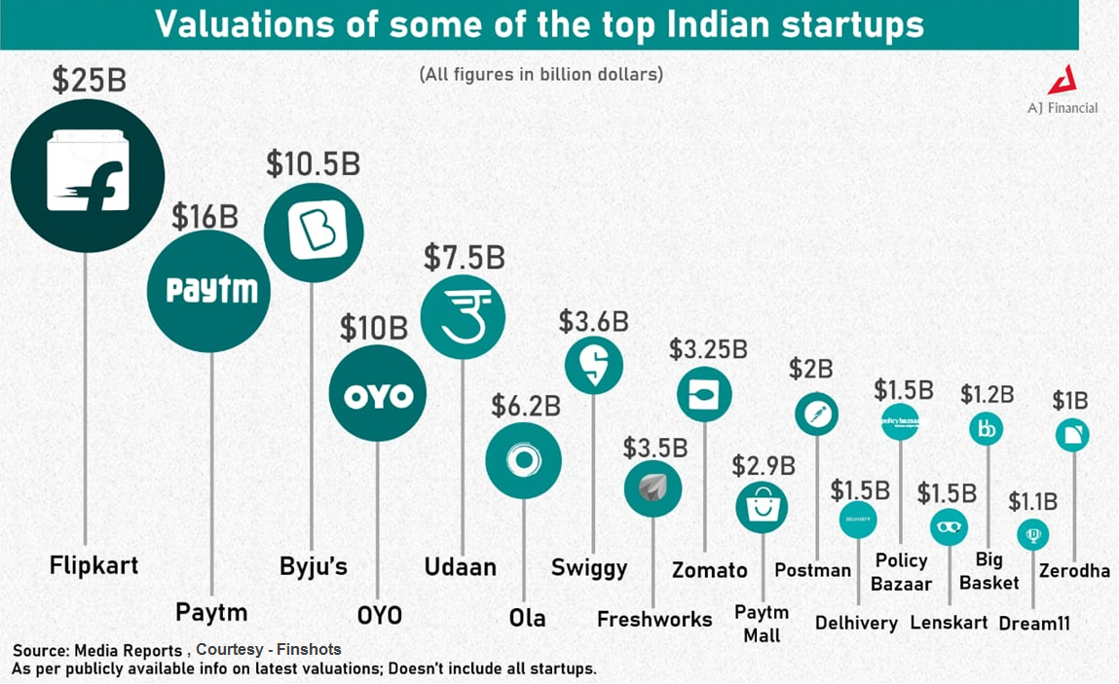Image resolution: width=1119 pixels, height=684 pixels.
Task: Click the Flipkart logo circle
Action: (87, 176)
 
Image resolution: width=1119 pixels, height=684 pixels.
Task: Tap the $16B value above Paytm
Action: (205, 217)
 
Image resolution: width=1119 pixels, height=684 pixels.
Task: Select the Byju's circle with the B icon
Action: (314, 233)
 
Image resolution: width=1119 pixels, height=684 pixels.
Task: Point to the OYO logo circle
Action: (378, 395)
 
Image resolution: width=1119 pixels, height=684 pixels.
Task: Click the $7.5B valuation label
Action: (464, 258)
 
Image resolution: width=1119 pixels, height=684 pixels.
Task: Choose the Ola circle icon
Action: (524, 460)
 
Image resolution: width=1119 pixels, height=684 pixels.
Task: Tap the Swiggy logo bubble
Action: (594, 365)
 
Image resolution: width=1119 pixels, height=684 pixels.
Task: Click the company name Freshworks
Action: (654, 619)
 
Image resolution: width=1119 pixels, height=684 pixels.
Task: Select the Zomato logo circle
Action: (704, 394)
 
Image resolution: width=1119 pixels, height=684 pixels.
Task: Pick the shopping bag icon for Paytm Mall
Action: (762, 506)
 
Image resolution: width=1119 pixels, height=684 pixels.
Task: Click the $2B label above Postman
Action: (811, 369)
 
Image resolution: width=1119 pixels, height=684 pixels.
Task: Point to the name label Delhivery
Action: (856, 623)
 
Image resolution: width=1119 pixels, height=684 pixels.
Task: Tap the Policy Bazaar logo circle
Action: (900, 421)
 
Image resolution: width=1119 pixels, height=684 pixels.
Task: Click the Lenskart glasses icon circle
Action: (948, 526)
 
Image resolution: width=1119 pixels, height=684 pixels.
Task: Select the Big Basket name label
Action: (989, 571)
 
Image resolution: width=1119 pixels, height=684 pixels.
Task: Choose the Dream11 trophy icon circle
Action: (1032, 534)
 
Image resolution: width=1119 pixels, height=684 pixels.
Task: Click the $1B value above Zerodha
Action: (1070, 401)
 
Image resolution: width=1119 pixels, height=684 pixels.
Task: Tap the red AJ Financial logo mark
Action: (1068, 81)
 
